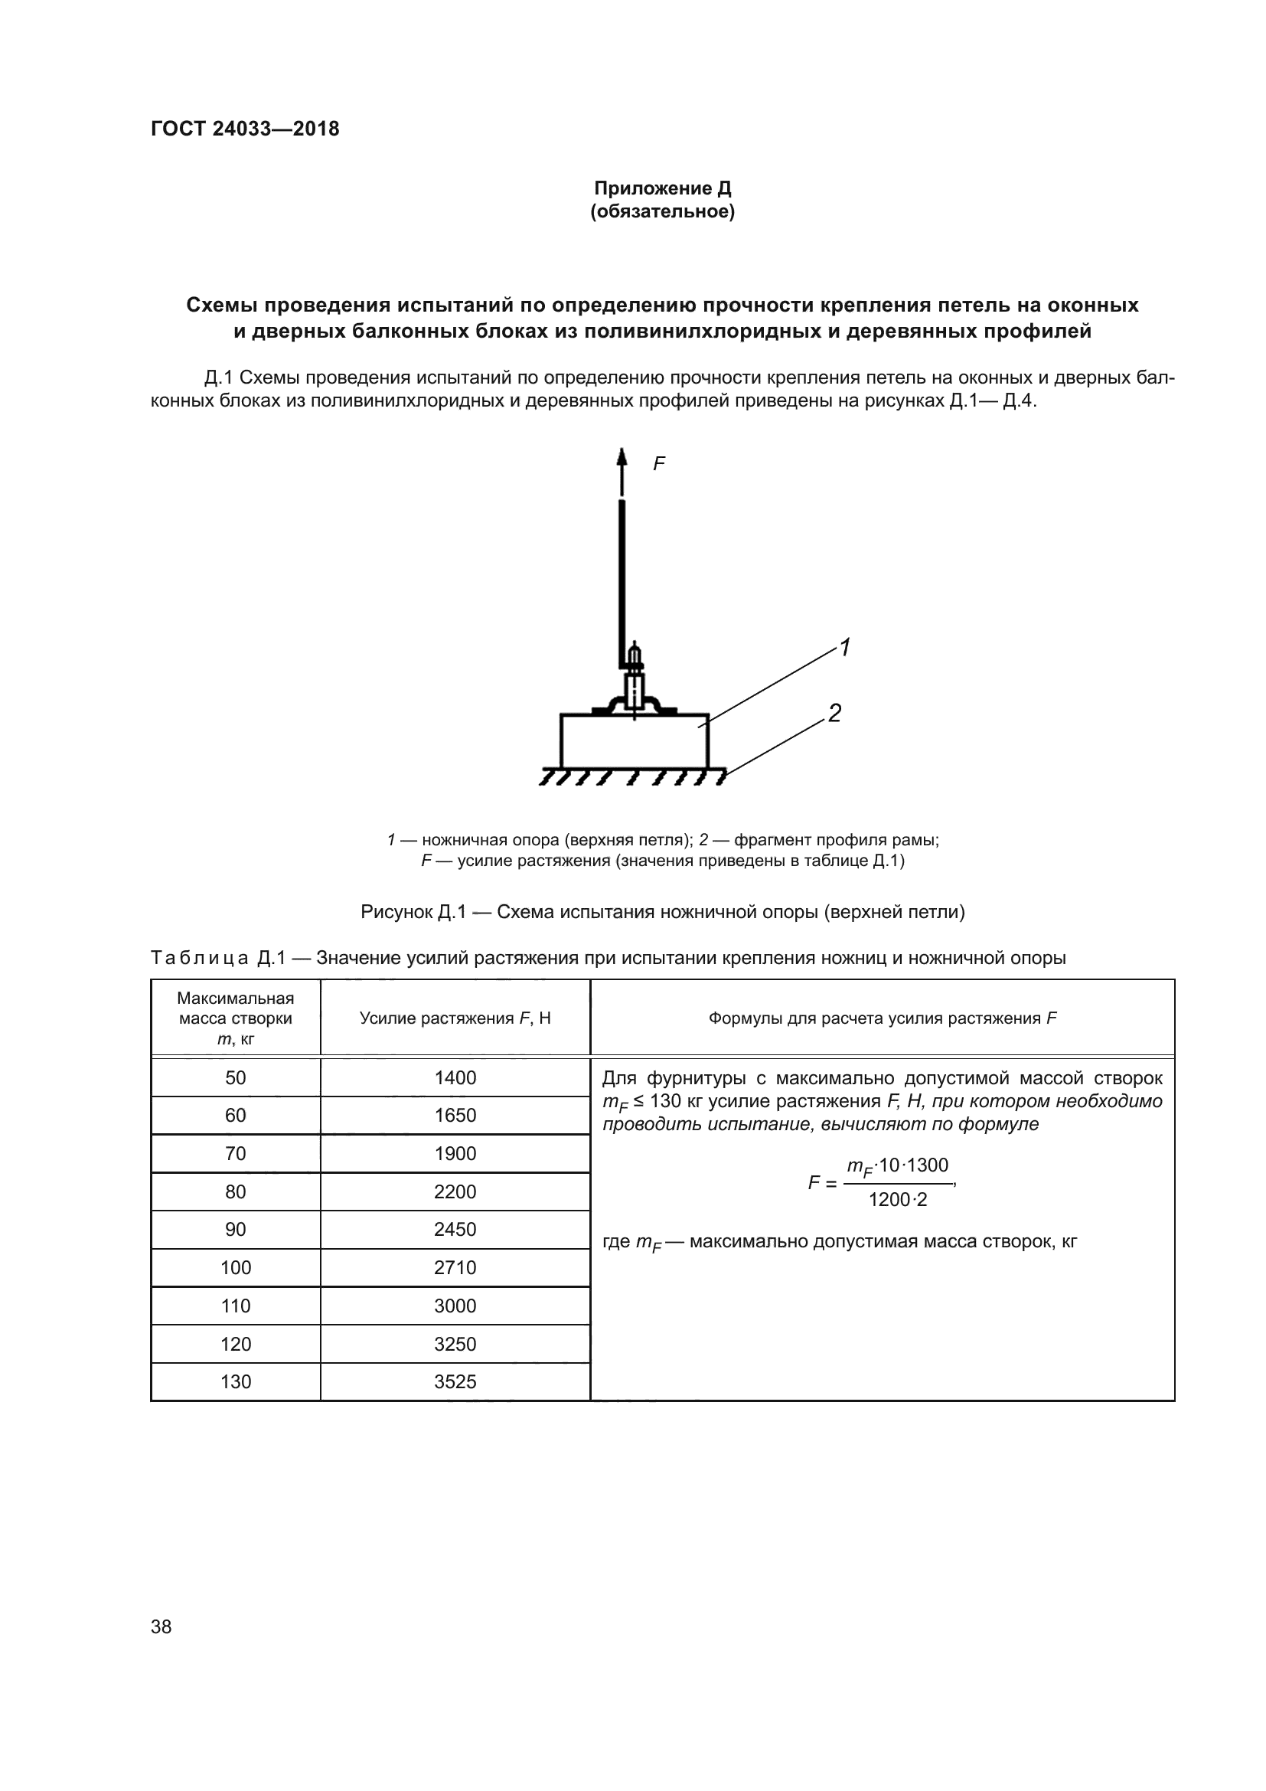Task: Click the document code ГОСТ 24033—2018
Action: [x=245, y=129]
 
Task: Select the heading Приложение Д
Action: [x=663, y=188]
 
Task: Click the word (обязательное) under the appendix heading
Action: [x=663, y=211]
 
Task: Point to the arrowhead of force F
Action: [x=622, y=456]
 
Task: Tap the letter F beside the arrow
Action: [x=659, y=464]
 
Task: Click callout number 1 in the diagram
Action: [x=844, y=648]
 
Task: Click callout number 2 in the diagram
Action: [x=834, y=713]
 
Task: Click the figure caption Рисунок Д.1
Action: [x=663, y=912]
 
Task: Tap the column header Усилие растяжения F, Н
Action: [x=455, y=1018]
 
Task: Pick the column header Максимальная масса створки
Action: [x=236, y=1018]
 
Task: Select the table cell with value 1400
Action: [x=455, y=1078]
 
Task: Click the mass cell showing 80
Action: [x=236, y=1192]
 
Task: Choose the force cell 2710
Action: [x=455, y=1267]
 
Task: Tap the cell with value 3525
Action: [x=455, y=1382]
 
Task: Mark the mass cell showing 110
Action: [x=236, y=1306]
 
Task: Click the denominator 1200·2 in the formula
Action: [x=898, y=1201]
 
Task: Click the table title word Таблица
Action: [x=200, y=958]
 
